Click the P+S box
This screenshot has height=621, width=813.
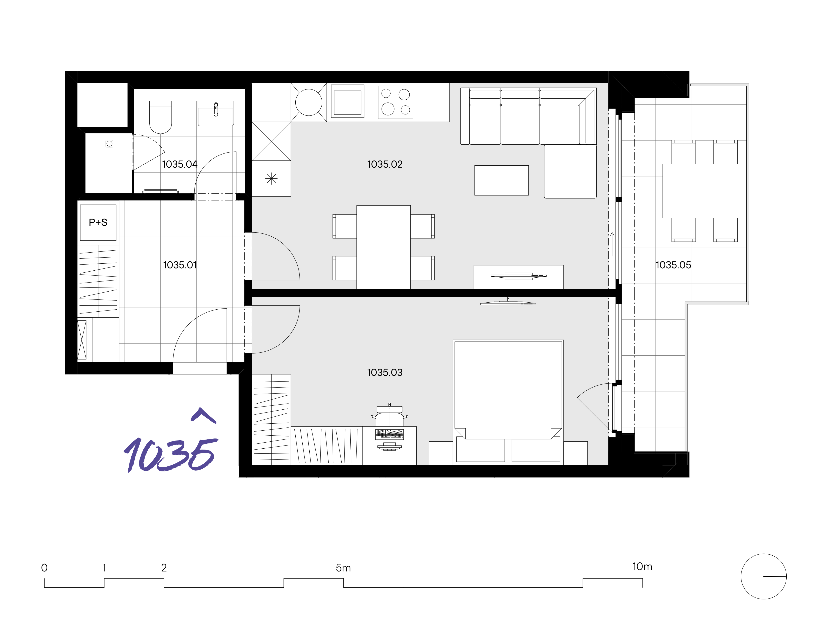[x=98, y=222]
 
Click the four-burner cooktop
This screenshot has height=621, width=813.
[x=395, y=102]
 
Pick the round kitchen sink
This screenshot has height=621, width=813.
[x=309, y=102]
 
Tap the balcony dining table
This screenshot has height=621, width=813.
[x=704, y=191]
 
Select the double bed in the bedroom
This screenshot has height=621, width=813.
[x=508, y=402]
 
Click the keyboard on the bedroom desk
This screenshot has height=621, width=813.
[x=389, y=434]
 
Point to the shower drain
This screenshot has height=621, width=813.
[x=109, y=143]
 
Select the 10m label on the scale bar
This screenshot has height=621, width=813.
[x=642, y=567]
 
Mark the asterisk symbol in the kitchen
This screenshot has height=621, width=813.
[x=271, y=179]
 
